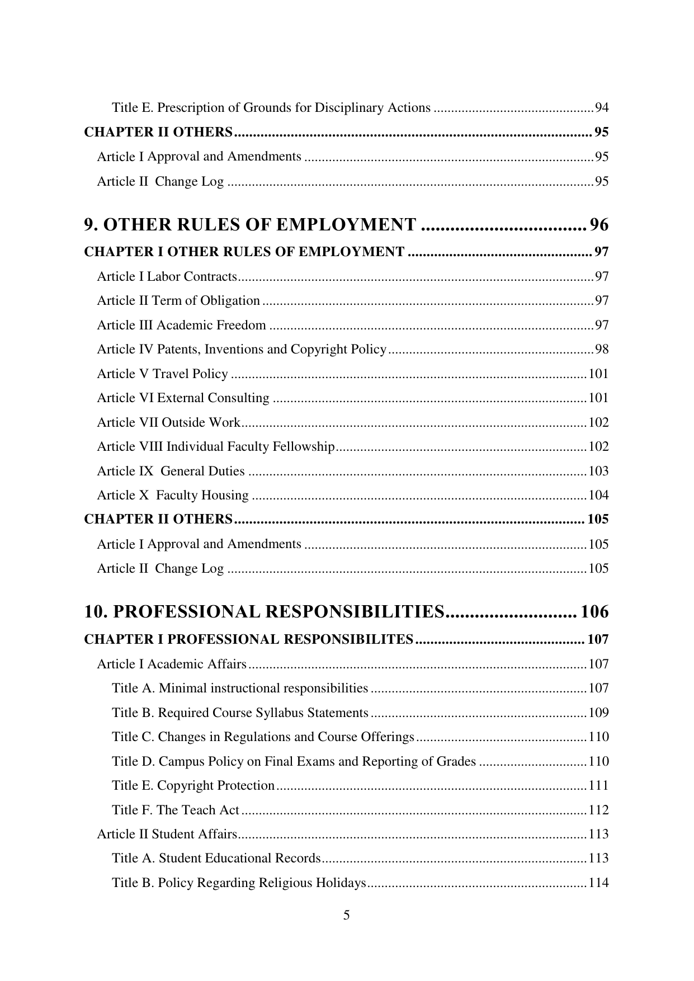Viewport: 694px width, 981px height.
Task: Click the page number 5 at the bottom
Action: tap(347, 916)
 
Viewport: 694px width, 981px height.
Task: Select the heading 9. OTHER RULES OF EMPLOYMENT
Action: tap(250, 225)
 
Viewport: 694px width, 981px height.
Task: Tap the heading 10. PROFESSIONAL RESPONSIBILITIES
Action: tap(265, 612)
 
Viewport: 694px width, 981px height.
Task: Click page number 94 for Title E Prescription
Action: tap(601, 107)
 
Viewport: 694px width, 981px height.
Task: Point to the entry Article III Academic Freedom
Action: tap(181, 325)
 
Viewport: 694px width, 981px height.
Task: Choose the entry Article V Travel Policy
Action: tap(162, 374)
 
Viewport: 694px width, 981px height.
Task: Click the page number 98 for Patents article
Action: tap(601, 350)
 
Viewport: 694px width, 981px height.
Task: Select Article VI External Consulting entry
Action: tap(183, 398)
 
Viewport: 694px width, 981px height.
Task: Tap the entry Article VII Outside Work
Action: tap(168, 422)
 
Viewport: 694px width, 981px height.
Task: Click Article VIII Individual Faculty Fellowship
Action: tap(215, 447)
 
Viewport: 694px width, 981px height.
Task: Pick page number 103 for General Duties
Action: tap(598, 471)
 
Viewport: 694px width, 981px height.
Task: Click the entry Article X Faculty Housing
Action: tap(172, 496)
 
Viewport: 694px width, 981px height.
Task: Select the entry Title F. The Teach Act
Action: tap(176, 810)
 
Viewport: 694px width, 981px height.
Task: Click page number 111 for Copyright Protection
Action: tap(598, 786)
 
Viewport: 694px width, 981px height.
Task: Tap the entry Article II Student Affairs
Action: tap(167, 834)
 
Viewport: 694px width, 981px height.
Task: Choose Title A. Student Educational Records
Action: tap(216, 859)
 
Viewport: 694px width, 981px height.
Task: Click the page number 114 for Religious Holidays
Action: tap(598, 883)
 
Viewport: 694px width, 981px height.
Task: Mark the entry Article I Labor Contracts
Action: tap(167, 276)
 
